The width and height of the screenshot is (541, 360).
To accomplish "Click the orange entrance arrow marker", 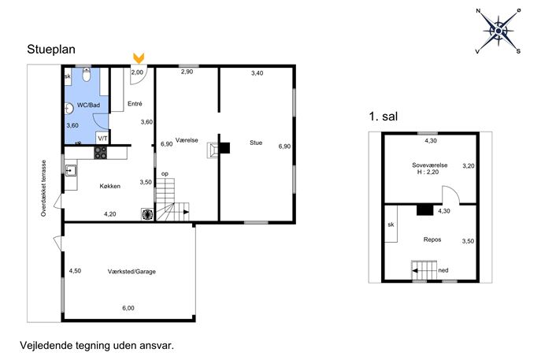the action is point(139,58).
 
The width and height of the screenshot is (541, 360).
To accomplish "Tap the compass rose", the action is point(498,32).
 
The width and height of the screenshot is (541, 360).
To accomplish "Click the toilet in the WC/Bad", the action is point(87,74).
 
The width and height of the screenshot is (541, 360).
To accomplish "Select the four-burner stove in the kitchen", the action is point(100,153).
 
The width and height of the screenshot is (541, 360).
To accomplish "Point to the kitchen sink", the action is point(71,170).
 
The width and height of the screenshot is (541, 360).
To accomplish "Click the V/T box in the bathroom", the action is point(103,139).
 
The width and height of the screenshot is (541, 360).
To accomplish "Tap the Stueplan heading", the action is point(51,50).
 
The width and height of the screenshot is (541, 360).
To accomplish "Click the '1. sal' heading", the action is point(384,117).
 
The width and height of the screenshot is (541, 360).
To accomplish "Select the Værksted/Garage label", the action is point(132,272).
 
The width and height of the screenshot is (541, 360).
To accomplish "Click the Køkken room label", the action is point(109,186).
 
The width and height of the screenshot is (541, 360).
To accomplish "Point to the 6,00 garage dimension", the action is point(128,308).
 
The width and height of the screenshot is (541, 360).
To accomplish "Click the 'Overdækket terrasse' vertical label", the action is point(43,188).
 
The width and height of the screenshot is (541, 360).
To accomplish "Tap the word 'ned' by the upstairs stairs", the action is point(443,270).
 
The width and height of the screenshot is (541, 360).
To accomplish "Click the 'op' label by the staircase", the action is point(165,174).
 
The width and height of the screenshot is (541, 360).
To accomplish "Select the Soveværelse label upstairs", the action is point(429,165).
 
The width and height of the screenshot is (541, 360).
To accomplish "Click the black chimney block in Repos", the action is point(424,210).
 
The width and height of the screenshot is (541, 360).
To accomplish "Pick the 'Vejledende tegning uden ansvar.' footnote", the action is point(97,346).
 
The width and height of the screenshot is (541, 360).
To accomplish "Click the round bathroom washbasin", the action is point(69,109).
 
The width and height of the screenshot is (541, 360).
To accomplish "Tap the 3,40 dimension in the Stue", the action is point(257,72).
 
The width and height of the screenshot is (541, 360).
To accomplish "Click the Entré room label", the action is point(135,103).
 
